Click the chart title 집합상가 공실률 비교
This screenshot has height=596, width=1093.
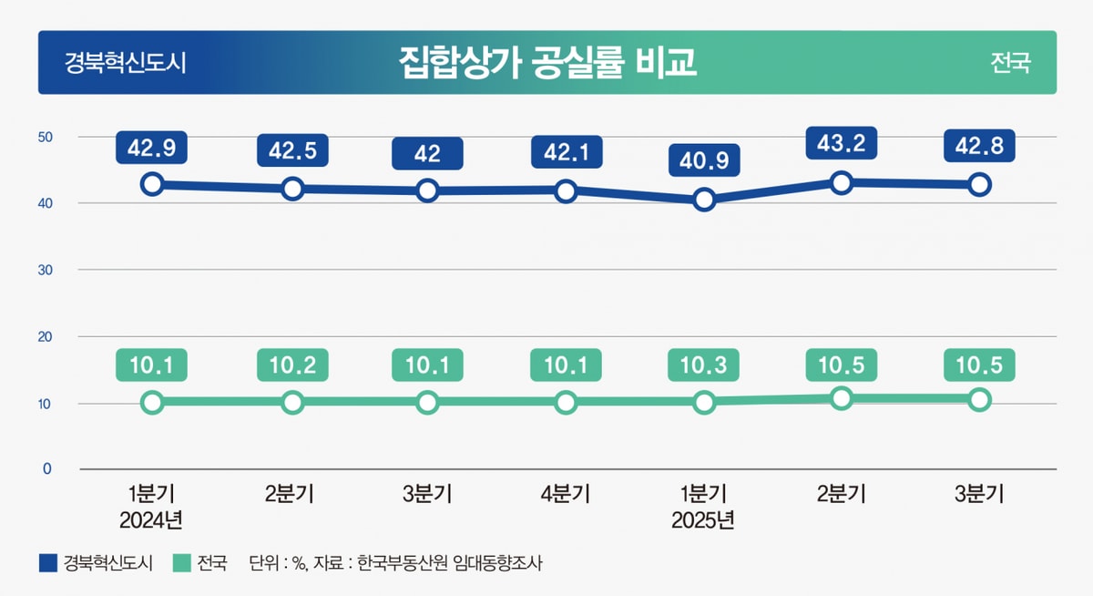click(547, 62)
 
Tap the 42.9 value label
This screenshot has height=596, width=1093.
click(152, 147)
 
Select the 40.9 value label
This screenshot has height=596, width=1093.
click(703, 161)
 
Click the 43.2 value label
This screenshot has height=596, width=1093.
click(842, 143)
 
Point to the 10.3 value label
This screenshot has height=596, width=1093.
click(703, 366)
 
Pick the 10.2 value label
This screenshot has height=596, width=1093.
click(292, 366)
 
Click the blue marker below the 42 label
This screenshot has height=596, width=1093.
click(427, 190)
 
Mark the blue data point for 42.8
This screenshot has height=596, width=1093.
click(979, 184)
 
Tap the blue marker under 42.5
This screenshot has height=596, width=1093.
click(292, 189)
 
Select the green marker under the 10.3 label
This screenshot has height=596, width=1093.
click(703, 402)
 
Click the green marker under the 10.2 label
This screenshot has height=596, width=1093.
click(292, 402)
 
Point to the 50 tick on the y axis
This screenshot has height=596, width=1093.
click(45, 137)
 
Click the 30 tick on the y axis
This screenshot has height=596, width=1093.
click(45, 270)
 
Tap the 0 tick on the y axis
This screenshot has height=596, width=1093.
click(48, 468)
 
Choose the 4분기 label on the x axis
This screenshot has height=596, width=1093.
click(566, 495)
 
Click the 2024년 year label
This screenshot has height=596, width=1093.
click(152, 521)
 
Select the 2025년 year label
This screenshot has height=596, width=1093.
click(703, 521)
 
